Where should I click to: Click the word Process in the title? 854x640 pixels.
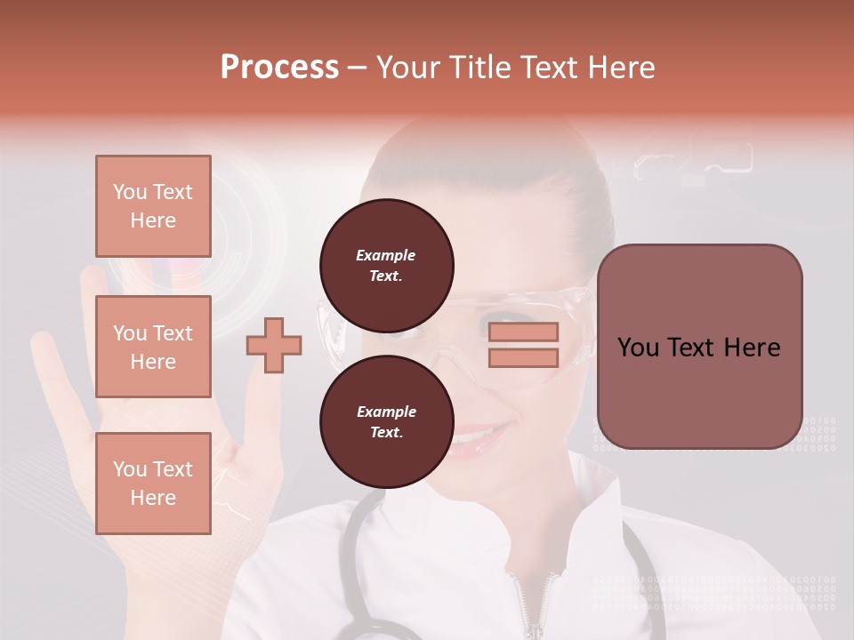[279, 68]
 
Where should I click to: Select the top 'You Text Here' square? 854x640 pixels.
[153, 206]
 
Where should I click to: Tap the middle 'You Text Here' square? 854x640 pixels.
[153, 347]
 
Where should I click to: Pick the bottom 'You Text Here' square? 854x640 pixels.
[153, 484]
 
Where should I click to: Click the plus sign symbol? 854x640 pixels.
[274, 345]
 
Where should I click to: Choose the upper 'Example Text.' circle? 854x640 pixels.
[387, 266]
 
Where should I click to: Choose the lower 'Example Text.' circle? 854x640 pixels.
[387, 422]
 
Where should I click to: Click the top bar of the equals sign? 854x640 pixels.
[523, 332]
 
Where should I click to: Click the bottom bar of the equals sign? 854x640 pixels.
[523, 358]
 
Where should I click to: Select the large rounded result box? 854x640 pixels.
[699, 347]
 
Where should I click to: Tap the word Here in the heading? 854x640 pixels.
[620, 68]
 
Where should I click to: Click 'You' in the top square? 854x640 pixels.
[130, 192]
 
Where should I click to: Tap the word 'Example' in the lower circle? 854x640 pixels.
[386, 412]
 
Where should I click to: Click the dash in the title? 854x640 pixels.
[358, 68]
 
